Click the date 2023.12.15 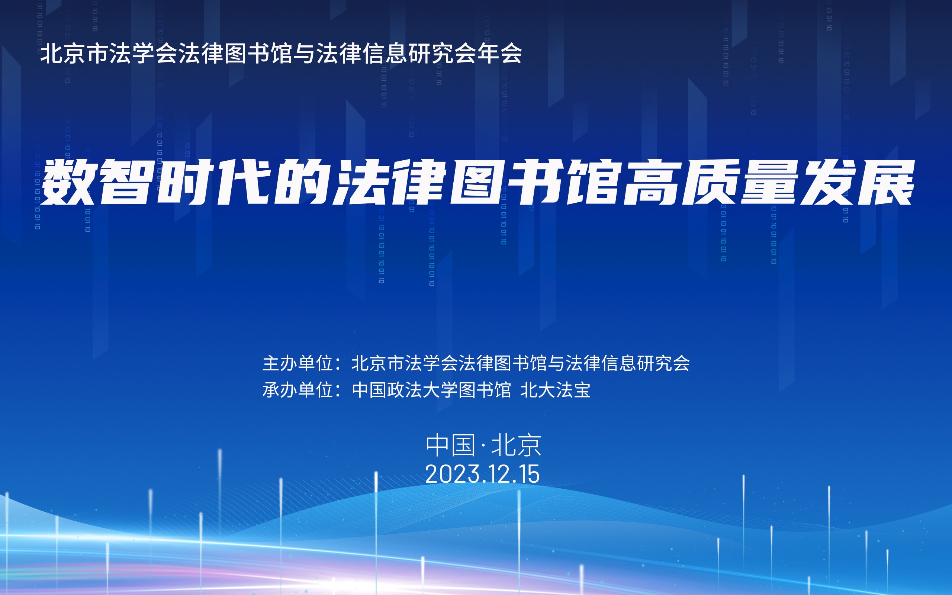(x=482, y=474)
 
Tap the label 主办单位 (x=298, y=363)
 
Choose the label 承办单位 (x=298, y=390)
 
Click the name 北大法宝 (x=556, y=390)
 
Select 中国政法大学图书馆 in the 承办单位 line (x=431, y=390)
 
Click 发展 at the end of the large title (x=856, y=182)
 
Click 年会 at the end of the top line (x=499, y=53)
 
